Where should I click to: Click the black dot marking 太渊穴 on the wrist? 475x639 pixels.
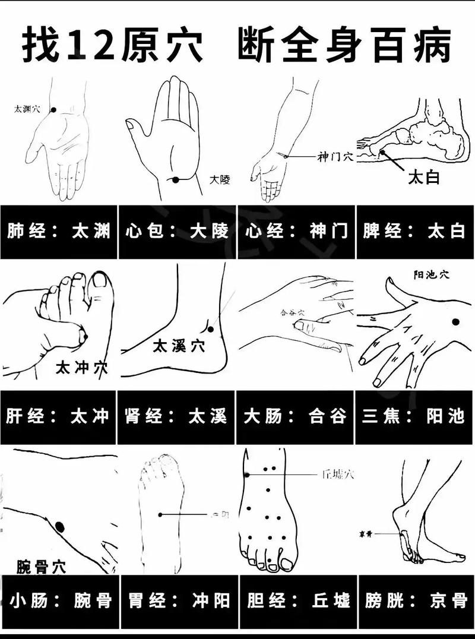[53, 110]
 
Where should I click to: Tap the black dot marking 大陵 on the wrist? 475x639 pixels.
[176, 180]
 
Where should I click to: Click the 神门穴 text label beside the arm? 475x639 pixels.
[335, 157]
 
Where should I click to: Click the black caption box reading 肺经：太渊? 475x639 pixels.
[59, 232]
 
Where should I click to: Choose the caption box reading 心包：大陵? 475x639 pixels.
[178, 232]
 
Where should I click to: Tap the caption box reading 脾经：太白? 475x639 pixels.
[414, 232]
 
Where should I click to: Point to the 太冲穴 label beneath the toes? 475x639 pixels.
[82, 368]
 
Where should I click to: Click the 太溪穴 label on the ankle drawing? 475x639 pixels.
[179, 346]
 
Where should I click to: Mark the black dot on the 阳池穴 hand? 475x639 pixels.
[455, 322]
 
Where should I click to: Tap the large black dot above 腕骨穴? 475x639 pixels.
[59, 526]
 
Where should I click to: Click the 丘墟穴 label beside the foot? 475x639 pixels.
[338, 474]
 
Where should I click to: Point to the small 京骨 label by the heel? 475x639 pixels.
[365, 534]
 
